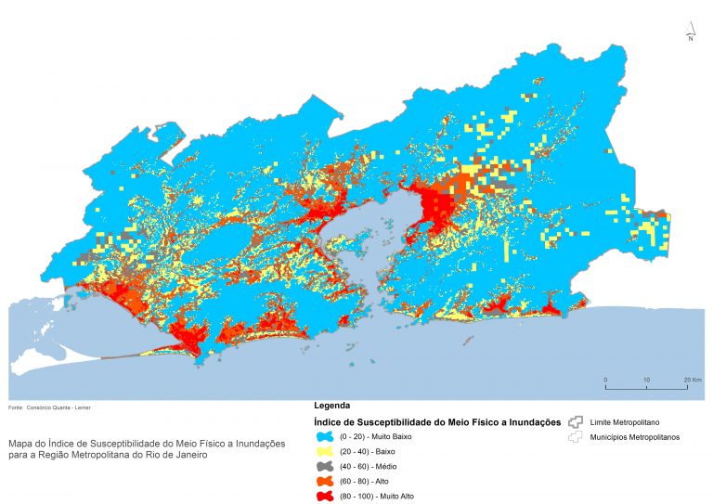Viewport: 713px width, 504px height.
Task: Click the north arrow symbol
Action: (x=691, y=32)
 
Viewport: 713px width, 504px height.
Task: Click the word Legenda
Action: (x=332, y=407)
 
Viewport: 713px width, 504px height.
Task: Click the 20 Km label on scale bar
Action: (x=692, y=381)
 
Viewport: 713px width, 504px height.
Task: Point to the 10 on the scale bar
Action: (x=647, y=381)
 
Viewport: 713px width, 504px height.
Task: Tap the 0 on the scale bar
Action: (x=605, y=381)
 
